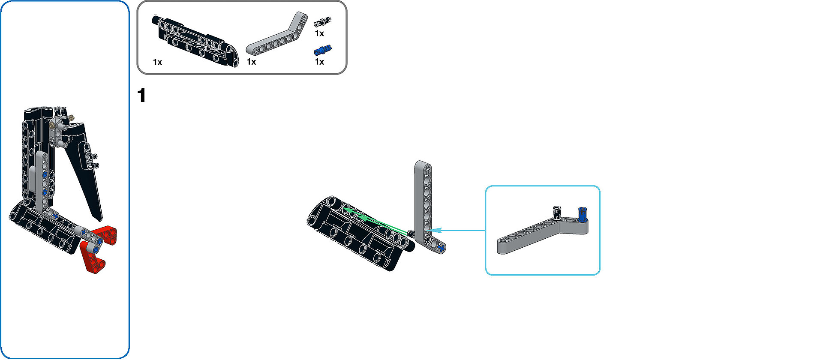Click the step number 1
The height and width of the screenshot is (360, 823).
pos(142,95)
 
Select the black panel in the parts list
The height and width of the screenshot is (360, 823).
pos(195,41)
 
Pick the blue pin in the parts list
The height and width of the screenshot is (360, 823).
pos(323,51)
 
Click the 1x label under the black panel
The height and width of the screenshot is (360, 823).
pos(157,62)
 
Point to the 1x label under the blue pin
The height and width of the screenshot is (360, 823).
pos(319,62)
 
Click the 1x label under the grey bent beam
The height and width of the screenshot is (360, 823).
pos(251,62)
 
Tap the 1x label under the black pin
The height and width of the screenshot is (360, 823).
pos(319,33)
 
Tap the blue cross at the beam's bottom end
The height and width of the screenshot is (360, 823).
pos(440,247)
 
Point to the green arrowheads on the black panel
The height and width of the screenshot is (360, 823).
pos(356,214)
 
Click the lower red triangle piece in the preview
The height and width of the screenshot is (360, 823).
pos(92,257)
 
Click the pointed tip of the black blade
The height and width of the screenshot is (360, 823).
pos(100,219)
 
